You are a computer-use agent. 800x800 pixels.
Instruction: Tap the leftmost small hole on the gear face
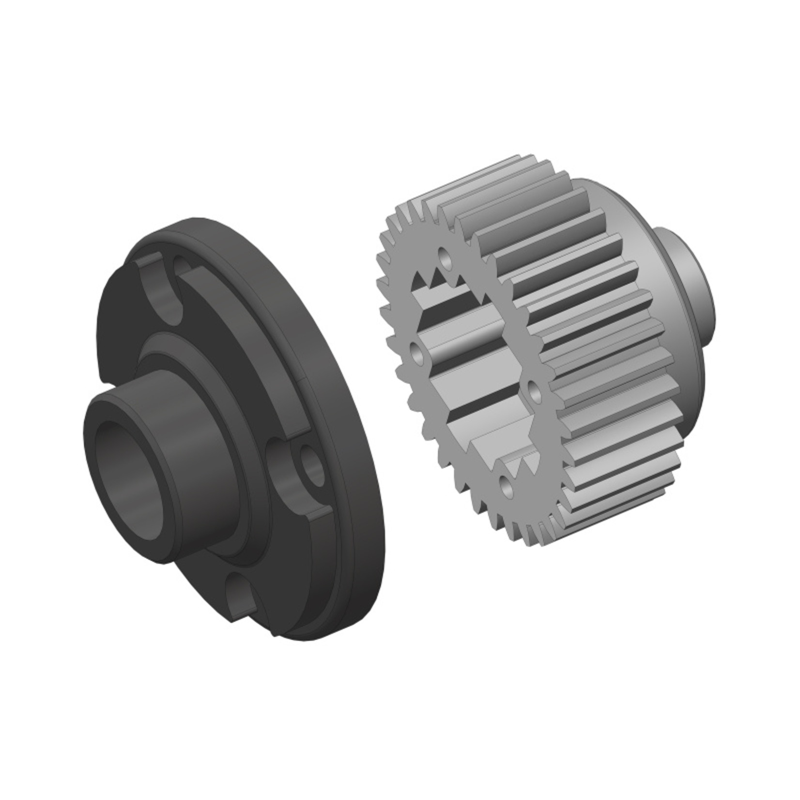[416, 353]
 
